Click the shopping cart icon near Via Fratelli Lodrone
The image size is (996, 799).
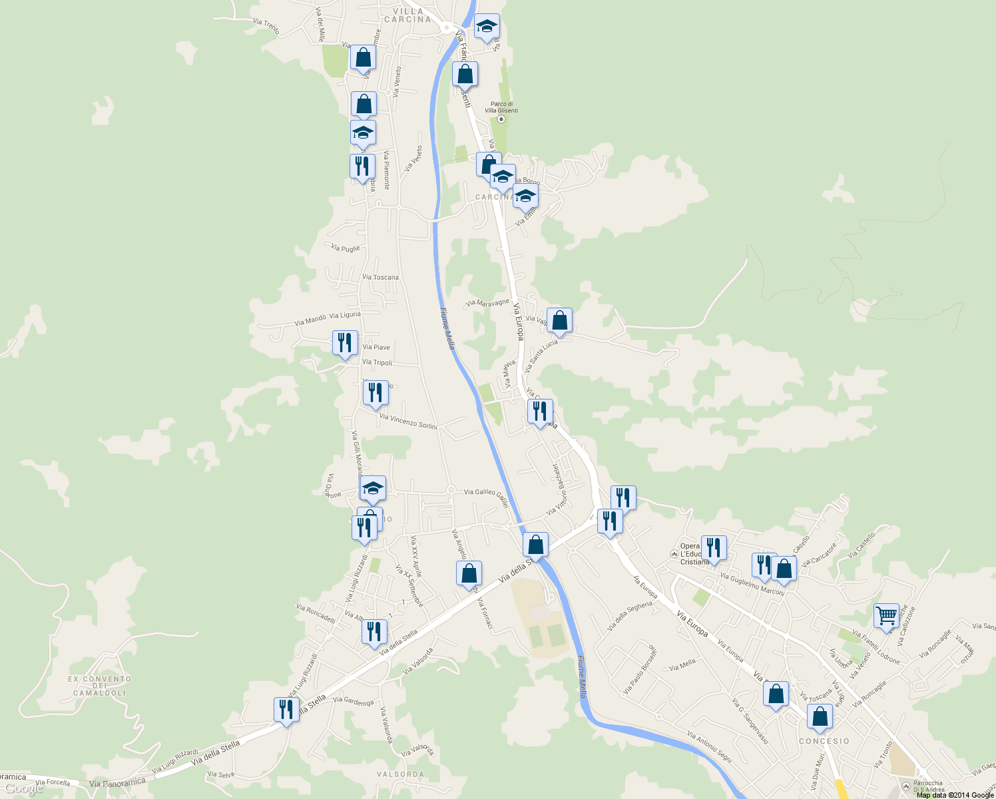pyautogui.click(x=886, y=616)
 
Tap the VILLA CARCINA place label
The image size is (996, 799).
pyautogui.click(x=407, y=15)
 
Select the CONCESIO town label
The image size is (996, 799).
pyautogui.click(x=824, y=741)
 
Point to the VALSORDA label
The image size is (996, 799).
pyautogui.click(x=400, y=774)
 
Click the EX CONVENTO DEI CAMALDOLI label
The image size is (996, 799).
pyautogui.click(x=99, y=686)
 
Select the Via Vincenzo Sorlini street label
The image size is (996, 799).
pyautogui.click(x=408, y=421)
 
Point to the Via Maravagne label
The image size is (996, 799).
pyautogui.click(x=487, y=303)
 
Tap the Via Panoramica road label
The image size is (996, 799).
pyautogui.click(x=117, y=783)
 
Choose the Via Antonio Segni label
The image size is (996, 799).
pyautogui.click(x=709, y=747)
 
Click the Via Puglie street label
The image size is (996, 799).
pyautogui.click(x=346, y=248)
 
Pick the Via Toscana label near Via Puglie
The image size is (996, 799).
pyautogui.click(x=381, y=277)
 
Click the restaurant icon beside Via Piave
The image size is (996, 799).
pyautogui.click(x=345, y=343)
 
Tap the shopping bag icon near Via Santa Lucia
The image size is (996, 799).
pyautogui.click(x=559, y=321)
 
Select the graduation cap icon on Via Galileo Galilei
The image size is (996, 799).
pyautogui.click(x=373, y=488)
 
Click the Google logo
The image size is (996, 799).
pyautogui.click(x=24, y=789)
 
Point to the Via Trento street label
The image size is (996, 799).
pyautogui.click(x=266, y=26)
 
